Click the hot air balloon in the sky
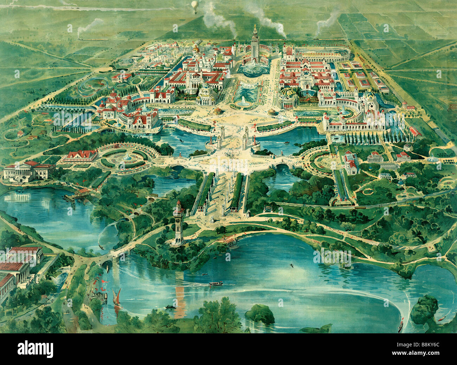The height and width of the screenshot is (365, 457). (195, 5)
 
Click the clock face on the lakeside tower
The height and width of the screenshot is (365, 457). (179, 215)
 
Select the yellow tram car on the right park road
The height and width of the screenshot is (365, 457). (360, 208)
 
